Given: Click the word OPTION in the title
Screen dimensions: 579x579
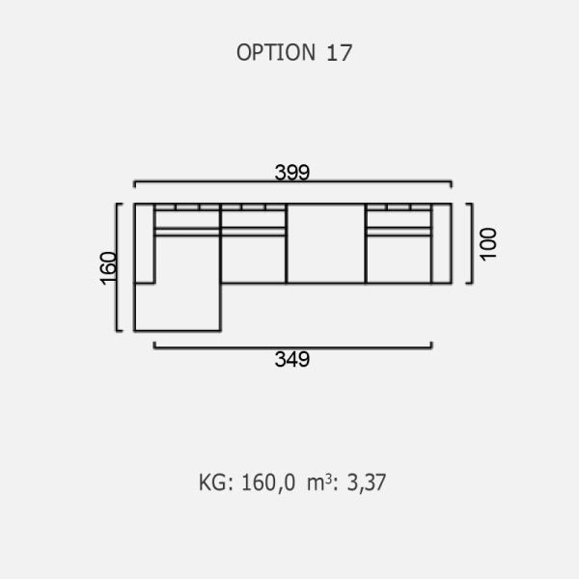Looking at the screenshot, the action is point(276,52).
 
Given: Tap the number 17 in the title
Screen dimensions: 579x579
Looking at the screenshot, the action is point(339,53).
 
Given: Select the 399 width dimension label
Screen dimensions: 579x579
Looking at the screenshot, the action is point(292,172).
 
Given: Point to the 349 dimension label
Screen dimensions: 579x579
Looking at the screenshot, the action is point(292,359).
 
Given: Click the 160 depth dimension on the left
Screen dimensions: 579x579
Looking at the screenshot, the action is point(108,268).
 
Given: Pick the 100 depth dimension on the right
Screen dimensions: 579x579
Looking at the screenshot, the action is point(488,244).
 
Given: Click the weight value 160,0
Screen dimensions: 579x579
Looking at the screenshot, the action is point(268,482).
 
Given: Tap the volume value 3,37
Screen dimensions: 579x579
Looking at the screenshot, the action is point(367,482).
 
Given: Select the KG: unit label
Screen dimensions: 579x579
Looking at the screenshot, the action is point(216,482).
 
